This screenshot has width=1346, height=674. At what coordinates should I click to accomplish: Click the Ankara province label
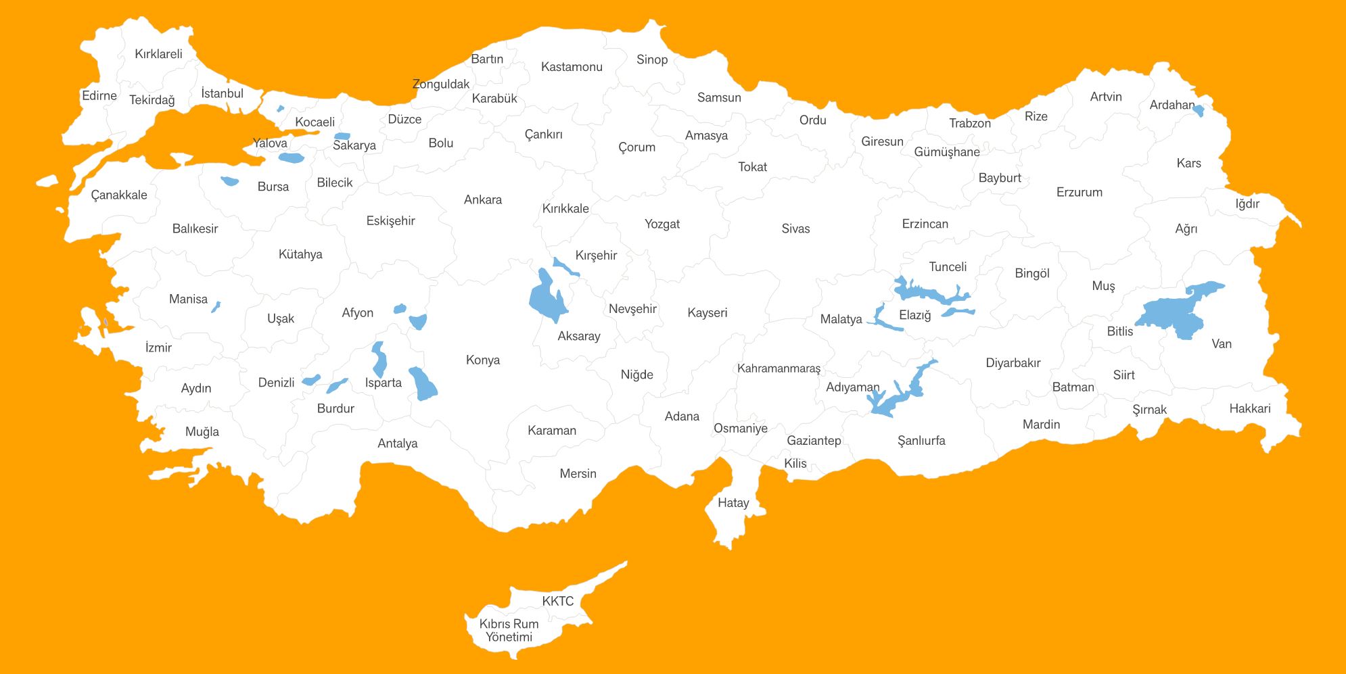pyautogui.click(x=483, y=200)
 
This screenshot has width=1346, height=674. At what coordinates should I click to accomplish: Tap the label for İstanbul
pyautogui.click(x=222, y=94)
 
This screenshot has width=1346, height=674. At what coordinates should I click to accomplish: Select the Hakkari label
pyautogui.click(x=1250, y=409)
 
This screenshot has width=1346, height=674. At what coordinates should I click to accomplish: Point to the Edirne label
pyautogui.click(x=99, y=96)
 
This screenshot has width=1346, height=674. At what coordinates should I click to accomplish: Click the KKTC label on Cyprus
pyautogui.click(x=557, y=602)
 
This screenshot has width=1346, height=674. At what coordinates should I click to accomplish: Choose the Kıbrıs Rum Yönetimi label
pyautogui.click(x=509, y=631)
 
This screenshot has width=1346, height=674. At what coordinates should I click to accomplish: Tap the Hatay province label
pyautogui.click(x=733, y=503)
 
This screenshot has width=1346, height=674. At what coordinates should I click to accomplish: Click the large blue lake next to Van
pyautogui.click(x=1174, y=312)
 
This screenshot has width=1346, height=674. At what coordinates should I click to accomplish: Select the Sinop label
pyautogui.click(x=652, y=60)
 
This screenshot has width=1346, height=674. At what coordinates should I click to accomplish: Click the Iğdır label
pyautogui.click(x=1247, y=204)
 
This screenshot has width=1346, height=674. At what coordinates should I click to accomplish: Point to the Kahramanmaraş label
pyautogui.click(x=779, y=369)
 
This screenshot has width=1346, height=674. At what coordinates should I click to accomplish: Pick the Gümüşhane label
pyautogui.click(x=947, y=153)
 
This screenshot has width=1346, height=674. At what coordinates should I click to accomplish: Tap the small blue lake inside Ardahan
pyautogui.click(x=1199, y=110)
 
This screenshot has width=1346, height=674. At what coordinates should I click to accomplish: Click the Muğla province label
pyautogui.click(x=202, y=432)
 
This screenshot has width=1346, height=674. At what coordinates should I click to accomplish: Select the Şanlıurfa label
pyautogui.click(x=921, y=441)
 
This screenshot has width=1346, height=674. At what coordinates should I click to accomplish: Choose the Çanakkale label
pyautogui.click(x=119, y=195)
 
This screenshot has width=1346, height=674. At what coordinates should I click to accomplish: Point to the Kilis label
pyautogui.click(x=795, y=464)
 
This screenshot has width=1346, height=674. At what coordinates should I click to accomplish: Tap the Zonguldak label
pyautogui.click(x=441, y=85)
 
